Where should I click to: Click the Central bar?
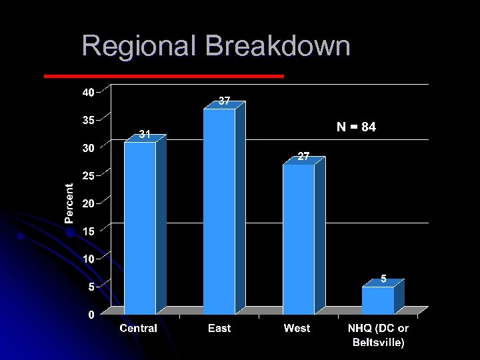(x=140, y=227)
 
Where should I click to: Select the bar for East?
(x=219, y=210)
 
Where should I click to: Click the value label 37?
(x=225, y=101)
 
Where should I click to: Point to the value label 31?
(x=145, y=135)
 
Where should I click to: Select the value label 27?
(x=303, y=157)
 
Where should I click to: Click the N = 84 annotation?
(x=356, y=127)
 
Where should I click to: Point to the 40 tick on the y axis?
(x=88, y=93)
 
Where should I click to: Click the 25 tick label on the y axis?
(x=88, y=175)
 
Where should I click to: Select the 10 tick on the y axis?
(x=88, y=258)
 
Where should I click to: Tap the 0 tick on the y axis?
(x=92, y=315)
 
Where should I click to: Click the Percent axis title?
(x=69, y=203)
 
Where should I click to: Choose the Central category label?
(x=139, y=328)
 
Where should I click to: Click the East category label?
(x=219, y=328)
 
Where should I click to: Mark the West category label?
(x=297, y=328)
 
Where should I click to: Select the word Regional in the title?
(x=140, y=47)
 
